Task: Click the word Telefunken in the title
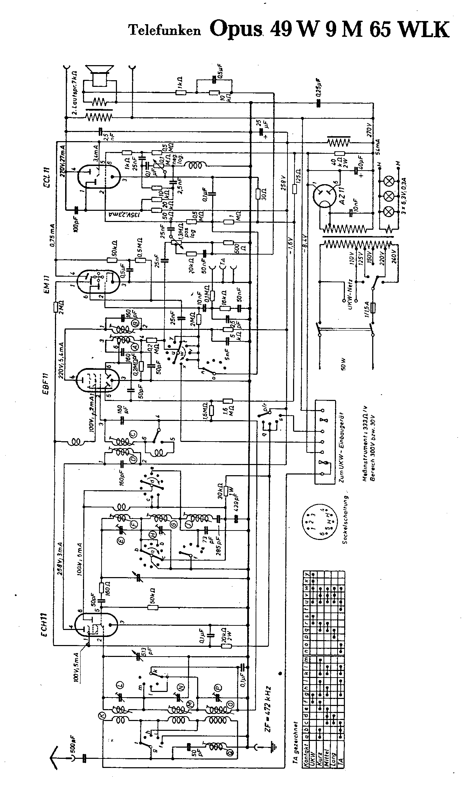point(165,31)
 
